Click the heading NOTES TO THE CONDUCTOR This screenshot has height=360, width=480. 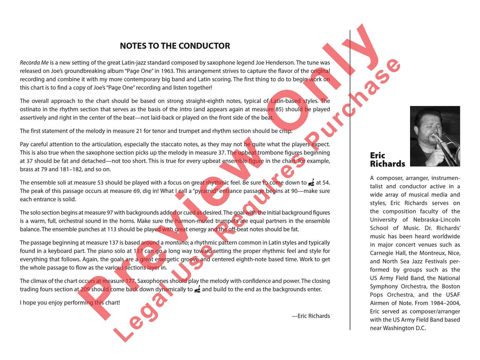pos(175,46)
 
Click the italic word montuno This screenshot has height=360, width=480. pos(176,243)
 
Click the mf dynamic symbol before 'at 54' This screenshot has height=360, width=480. pos(311,183)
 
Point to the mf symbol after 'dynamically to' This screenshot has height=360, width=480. pos(197,290)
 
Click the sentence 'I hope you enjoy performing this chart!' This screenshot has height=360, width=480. pos(69,302)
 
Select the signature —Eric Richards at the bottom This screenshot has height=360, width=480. pos(310,316)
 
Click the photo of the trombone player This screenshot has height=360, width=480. pos(435,136)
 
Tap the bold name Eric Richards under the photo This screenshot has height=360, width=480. pos(387,159)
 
